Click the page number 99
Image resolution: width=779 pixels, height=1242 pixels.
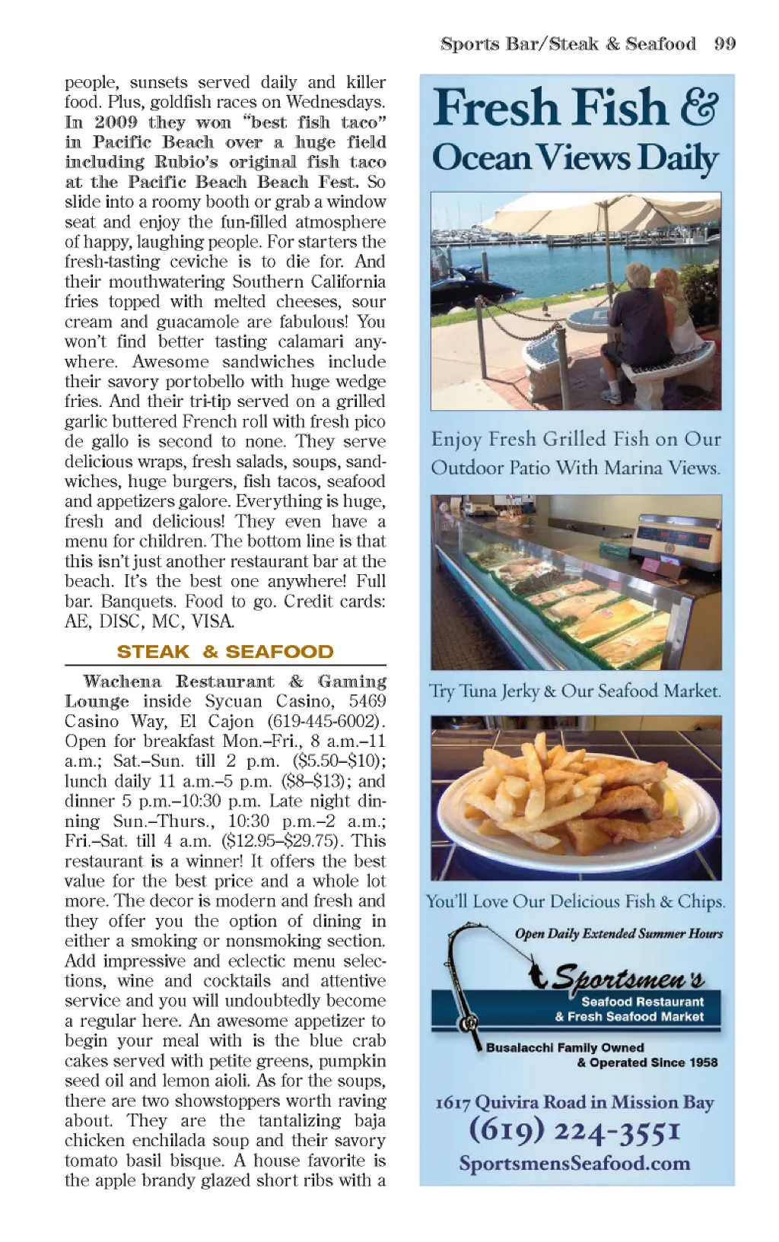(x=724, y=43)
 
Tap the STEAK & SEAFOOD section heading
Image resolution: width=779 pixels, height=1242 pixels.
(x=225, y=652)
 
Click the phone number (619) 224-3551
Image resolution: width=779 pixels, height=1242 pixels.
(x=574, y=1130)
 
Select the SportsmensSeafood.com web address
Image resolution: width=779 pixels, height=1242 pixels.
(x=574, y=1164)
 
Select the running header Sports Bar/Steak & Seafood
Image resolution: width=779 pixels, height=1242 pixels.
(x=568, y=43)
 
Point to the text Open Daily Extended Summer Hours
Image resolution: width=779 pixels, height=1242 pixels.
(x=618, y=934)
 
